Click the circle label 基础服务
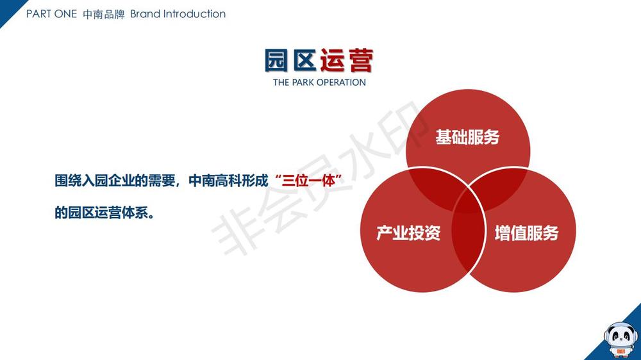pyautogui.click(x=467, y=137)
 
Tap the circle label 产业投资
pyautogui.click(x=408, y=233)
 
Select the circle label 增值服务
pyautogui.click(x=526, y=233)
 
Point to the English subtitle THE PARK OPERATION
pyautogui.click(x=319, y=82)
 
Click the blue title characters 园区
pyautogui.click(x=290, y=60)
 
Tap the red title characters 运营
pyautogui.click(x=347, y=60)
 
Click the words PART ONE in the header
pyautogui.click(x=51, y=14)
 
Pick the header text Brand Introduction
pyautogui.click(x=178, y=14)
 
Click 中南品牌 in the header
pyautogui.click(x=104, y=14)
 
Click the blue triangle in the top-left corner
pyautogui.click(x=8, y=9)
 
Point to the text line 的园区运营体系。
pyautogui.click(x=105, y=213)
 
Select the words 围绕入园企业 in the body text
pyautogui.click(x=94, y=180)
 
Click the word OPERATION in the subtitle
pyautogui.click(x=342, y=82)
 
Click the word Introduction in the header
pyautogui.click(x=194, y=14)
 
